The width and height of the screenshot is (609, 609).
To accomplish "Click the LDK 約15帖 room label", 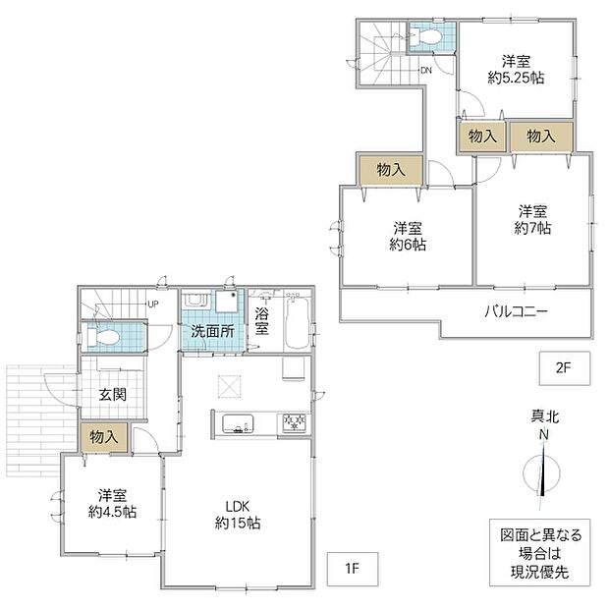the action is point(238,515).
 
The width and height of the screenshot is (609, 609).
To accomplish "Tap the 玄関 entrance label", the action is point(113,395).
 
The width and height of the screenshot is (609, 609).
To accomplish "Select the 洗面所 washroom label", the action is point(212,331).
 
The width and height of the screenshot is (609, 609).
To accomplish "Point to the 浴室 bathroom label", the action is point(262,321).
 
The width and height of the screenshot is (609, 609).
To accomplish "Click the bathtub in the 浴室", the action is point(297,323).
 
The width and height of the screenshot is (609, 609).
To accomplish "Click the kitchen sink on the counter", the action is point(238,423).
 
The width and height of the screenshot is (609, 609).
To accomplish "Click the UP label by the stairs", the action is point(153,304).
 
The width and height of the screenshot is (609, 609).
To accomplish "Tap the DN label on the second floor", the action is point(426,71).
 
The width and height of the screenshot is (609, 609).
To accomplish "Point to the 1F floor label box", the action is point(353,569).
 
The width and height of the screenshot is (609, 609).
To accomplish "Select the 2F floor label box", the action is point(565,367).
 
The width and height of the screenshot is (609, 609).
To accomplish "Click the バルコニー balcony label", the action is point(516,311).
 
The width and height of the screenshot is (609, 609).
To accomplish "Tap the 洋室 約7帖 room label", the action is point(532,220).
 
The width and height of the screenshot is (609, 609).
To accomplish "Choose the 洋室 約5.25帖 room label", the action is point(516,70).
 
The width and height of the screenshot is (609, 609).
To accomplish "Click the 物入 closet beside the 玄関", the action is point(104,437).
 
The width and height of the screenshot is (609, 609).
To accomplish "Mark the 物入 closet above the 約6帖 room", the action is point(391,170).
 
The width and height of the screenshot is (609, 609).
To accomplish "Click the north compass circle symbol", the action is point(541,473).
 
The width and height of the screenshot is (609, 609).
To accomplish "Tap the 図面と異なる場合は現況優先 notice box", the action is point(539,553).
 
